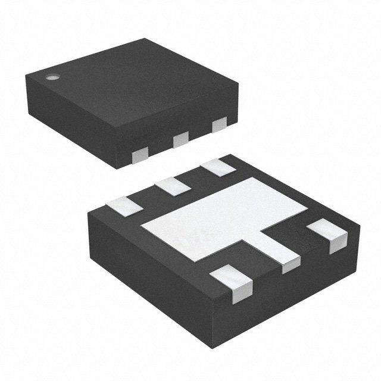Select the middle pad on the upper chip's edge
tap(179, 140)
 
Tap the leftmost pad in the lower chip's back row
tap(124, 205)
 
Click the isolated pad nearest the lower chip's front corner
tap(233, 283)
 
